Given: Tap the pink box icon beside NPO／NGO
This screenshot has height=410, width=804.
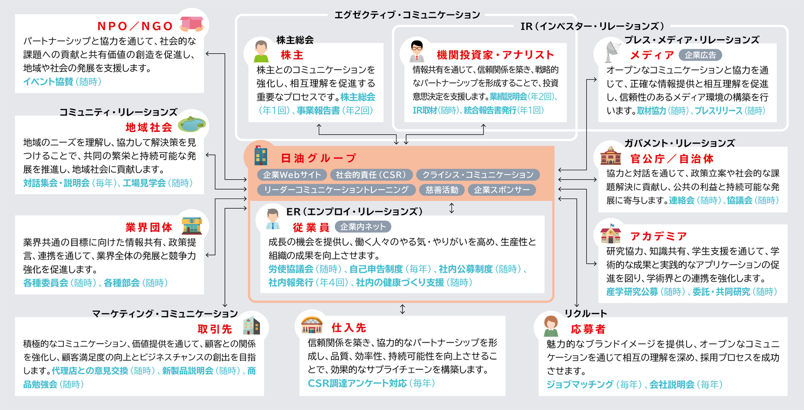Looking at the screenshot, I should click(x=191, y=23).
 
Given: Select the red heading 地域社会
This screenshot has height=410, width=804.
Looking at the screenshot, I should click(x=148, y=128).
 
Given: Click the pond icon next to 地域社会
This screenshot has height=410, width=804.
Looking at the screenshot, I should click(x=192, y=124).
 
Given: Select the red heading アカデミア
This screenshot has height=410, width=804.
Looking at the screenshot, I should click(x=659, y=236).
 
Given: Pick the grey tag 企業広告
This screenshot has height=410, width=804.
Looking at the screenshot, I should click(x=700, y=55).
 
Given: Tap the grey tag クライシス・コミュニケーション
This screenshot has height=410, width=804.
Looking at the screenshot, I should click(x=478, y=175).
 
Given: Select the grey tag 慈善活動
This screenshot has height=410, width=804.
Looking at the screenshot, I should click(x=442, y=190).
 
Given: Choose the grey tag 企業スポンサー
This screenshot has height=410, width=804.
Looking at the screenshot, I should click(x=502, y=190).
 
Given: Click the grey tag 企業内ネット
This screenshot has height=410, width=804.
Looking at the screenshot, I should click(x=363, y=226).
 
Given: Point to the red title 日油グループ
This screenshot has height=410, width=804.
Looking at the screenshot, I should click(x=318, y=158).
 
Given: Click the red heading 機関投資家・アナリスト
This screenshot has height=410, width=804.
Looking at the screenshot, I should click(x=495, y=55).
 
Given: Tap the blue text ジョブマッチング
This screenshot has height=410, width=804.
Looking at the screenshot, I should click(x=579, y=384).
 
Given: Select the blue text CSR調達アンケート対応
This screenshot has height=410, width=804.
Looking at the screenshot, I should click(x=357, y=383).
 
